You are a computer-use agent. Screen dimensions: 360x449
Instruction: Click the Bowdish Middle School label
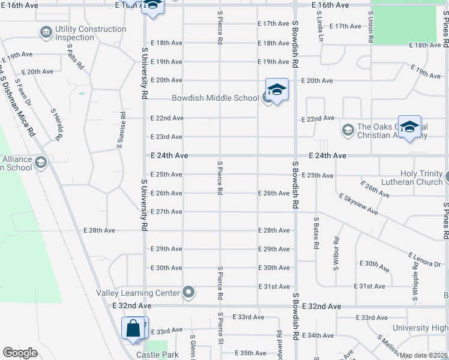pyautogui.click(x=215, y=98)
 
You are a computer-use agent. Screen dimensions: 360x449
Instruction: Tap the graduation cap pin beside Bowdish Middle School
pyautogui.click(x=277, y=91)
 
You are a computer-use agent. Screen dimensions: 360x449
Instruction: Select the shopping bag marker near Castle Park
pyautogui.click(x=133, y=329)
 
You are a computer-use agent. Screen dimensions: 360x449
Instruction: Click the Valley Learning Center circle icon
pyautogui.click(x=189, y=293)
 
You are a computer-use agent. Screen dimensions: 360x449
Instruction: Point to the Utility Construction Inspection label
pyautogui.click(x=91, y=33)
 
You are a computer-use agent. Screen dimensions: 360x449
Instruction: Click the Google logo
pyautogui.click(x=20, y=352)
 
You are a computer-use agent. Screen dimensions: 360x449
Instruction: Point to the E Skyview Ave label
pyautogui.click(x=358, y=204)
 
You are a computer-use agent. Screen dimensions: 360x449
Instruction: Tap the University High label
pyautogui.click(x=420, y=328)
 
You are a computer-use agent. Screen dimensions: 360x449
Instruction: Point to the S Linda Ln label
pyautogui.click(x=321, y=33)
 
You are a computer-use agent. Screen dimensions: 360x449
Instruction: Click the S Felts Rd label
pyautogui.click(x=74, y=56)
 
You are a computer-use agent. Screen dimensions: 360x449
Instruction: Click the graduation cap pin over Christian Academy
pyautogui.click(x=409, y=127)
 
